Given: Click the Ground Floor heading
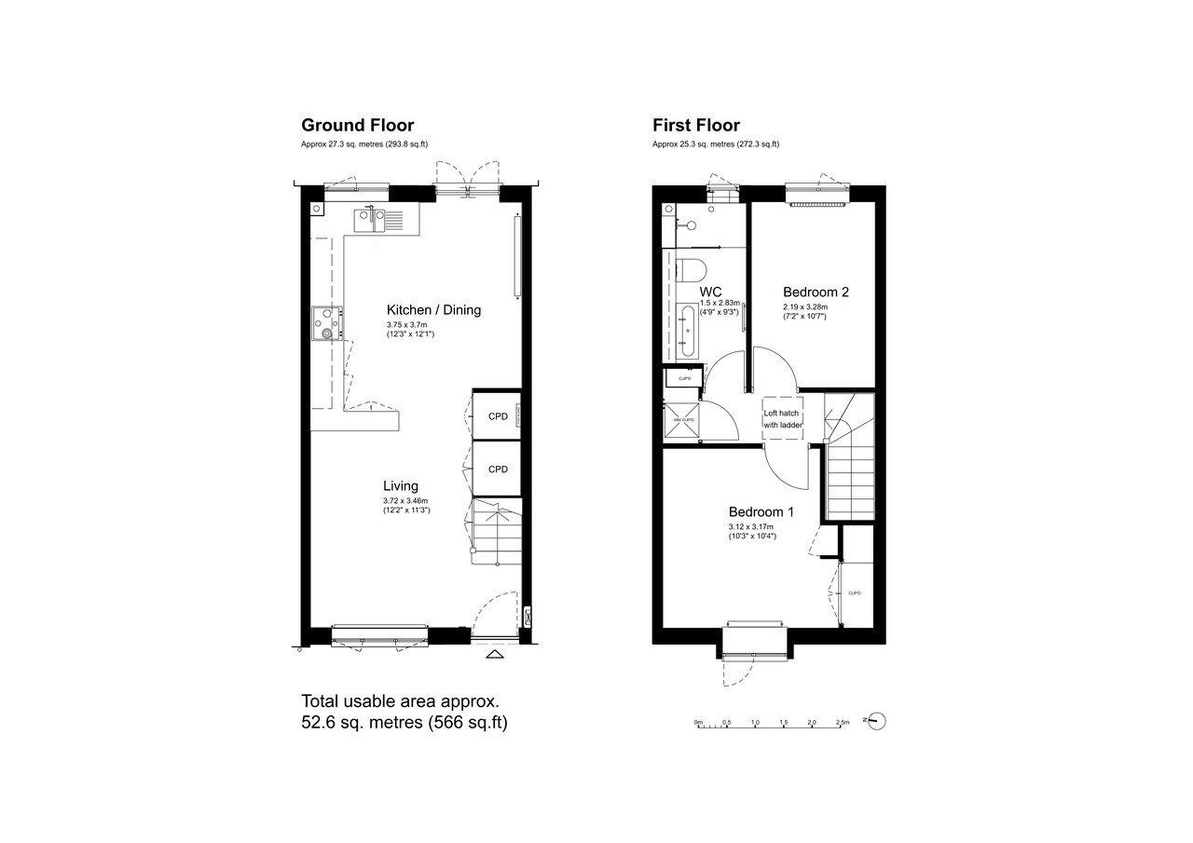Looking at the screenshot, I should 357,125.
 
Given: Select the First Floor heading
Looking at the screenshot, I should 695,125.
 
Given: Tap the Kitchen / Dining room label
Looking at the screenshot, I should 433,309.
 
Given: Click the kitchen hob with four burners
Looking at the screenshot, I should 325,322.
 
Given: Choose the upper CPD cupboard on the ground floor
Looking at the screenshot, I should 498,416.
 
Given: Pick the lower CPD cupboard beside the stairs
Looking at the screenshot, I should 498,469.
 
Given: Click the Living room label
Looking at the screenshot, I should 401,485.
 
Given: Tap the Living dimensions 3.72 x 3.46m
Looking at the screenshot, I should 405,501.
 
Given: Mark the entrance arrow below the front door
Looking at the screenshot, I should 495,655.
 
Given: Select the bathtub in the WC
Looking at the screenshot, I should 687,331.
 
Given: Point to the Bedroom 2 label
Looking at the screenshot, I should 815,292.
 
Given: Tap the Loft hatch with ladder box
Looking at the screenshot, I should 782,419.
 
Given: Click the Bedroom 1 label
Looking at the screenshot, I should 761,511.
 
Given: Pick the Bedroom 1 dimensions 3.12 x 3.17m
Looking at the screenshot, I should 751,527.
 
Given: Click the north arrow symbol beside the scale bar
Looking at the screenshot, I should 875,720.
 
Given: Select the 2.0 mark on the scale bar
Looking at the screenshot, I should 812,722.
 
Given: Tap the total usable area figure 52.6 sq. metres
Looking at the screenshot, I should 404,722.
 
